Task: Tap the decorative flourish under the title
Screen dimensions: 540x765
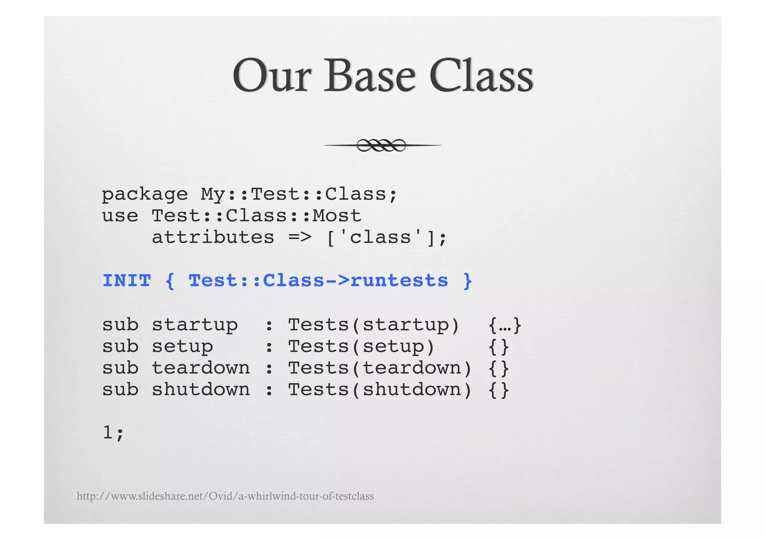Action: [x=382, y=145]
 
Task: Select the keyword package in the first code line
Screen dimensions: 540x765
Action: [x=145, y=195]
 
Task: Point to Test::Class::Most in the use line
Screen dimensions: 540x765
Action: [x=256, y=216]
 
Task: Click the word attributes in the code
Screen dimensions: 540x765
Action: [x=213, y=238]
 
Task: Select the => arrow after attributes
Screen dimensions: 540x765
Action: [x=300, y=238]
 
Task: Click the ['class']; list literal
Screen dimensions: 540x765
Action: [x=387, y=238]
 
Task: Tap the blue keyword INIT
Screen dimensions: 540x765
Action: [x=127, y=281]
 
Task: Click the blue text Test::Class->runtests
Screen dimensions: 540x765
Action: [x=318, y=281]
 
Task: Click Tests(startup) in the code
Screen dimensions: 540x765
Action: [x=374, y=325]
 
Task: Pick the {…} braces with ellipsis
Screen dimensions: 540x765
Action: [x=505, y=325]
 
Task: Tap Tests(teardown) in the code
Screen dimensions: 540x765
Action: [x=380, y=368]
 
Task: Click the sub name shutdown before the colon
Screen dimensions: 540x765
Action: [x=201, y=390]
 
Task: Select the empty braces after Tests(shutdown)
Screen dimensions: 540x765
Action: [x=499, y=390]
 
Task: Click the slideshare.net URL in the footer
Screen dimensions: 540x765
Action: [x=225, y=496]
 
